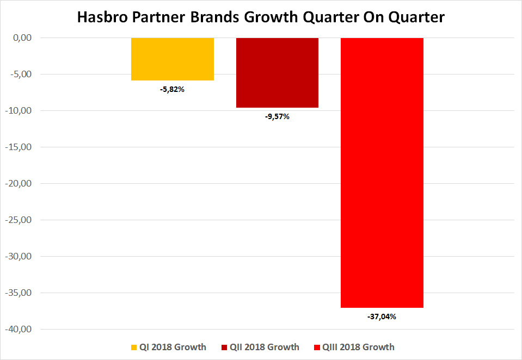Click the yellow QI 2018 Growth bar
tap(172, 59)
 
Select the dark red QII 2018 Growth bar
tap(277, 72)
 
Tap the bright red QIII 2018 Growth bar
tap(382, 172)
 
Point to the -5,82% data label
tap(172, 89)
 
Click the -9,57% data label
tap(277, 116)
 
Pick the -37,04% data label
tap(382, 316)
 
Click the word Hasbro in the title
tap(103, 17)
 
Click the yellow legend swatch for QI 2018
tap(134, 347)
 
